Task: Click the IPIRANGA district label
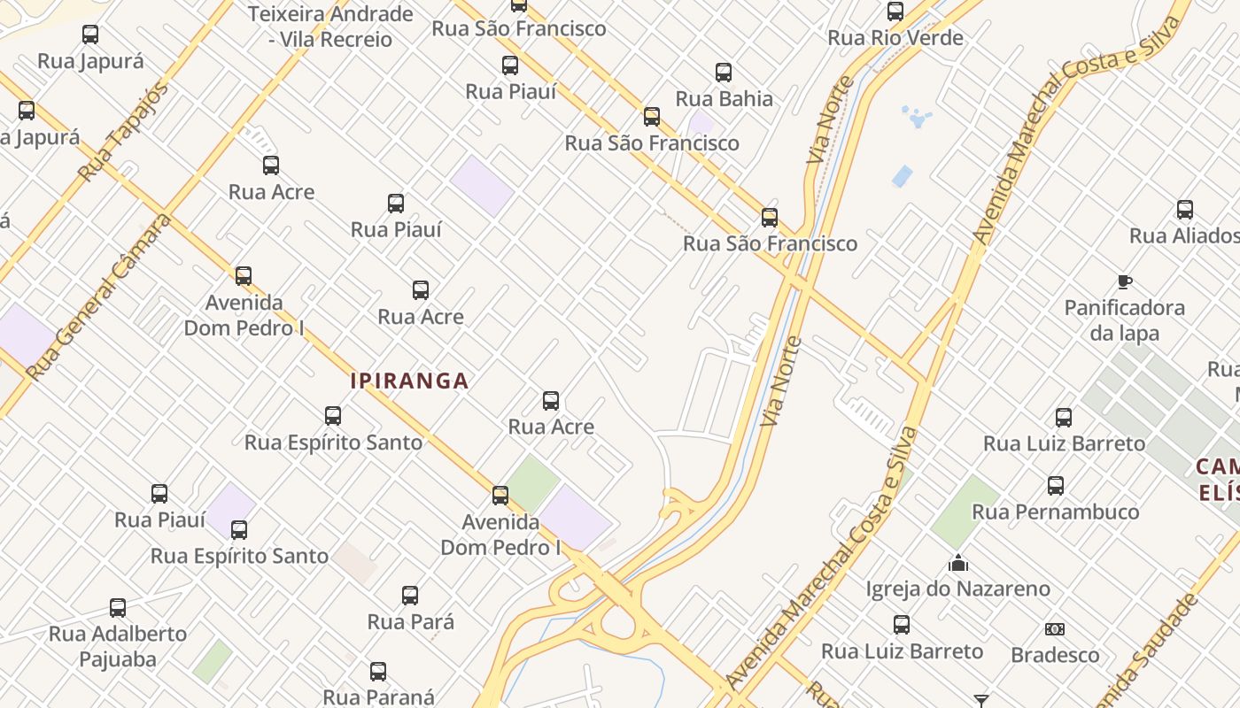coord(409,381)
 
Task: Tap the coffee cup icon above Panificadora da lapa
coord(1125,282)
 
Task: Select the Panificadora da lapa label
coord(1125,320)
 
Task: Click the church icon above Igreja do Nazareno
coord(957,563)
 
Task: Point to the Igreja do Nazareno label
coord(957,589)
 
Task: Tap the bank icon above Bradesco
coord(1054,629)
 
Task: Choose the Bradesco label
coord(1055,655)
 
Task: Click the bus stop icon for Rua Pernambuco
coord(1055,486)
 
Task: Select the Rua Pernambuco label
coord(1055,512)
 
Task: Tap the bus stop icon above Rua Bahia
coord(724,73)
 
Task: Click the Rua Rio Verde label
coord(895,38)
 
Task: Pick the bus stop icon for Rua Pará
coord(410,596)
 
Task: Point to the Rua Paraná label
coord(378,697)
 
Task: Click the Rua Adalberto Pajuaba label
coord(118,646)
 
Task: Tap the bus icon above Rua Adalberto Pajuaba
coord(118,608)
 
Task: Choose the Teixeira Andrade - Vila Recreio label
coord(331,27)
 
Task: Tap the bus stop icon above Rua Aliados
coord(1185,210)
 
